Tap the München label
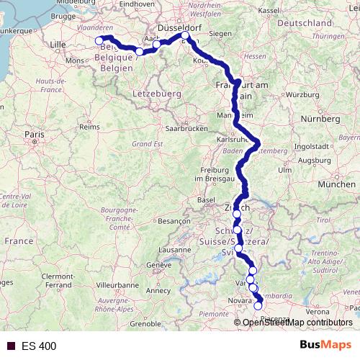(337, 184)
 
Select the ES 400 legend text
(39, 346)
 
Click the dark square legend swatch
(9, 346)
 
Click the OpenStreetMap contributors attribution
(297, 323)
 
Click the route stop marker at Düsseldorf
(185, 35)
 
